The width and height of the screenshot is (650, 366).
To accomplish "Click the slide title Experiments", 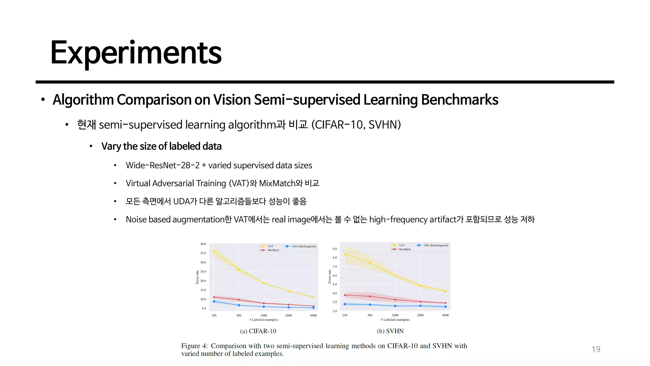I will (x=136, y=53).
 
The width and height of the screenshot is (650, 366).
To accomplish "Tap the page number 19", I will (x=596, y=349).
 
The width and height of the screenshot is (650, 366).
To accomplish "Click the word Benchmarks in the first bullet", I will (x=460, y=100).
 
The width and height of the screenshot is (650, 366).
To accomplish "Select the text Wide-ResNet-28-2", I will (x=162, y=166).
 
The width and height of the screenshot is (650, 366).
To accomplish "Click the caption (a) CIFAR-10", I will (x=258, y=331).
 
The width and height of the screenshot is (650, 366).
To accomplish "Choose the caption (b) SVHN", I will (x=390, y=331).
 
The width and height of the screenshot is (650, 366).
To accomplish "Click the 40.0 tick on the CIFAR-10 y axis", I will (x=203, y=244).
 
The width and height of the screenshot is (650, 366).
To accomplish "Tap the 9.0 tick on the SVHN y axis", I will (x=335, y=249).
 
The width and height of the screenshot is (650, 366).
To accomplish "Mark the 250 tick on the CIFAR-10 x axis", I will (x=214, y=315).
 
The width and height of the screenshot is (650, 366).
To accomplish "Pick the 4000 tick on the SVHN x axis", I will (x=445, y=315).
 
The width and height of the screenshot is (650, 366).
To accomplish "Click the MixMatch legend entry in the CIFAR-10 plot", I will (x=273, y=250).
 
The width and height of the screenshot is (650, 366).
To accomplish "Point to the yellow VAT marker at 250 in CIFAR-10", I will (x=214, y=251).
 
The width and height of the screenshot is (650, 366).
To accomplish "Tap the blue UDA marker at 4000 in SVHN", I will (x=446, y=307).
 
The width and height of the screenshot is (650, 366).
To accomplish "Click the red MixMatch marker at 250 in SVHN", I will (x=345, y=295).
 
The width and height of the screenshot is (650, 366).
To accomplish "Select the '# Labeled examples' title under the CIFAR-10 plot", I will (x=263, y=320).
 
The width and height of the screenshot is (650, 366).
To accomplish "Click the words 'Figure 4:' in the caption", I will (x=194, y=346).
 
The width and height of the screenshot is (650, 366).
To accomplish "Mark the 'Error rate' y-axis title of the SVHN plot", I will (x=329, y=277).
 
